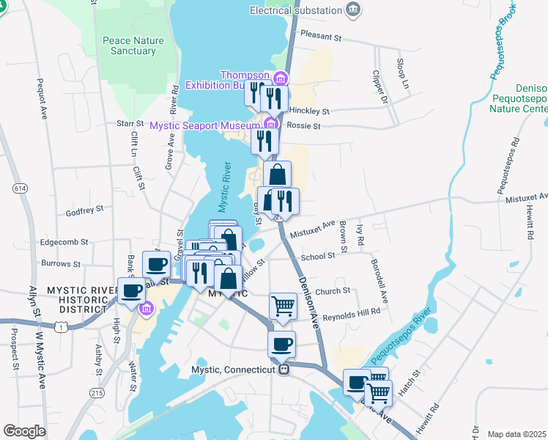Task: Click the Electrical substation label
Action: tap(296, 10)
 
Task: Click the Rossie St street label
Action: tap(306, 126)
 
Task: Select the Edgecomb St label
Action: tap(64, 241)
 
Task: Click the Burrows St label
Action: tap(61, 263)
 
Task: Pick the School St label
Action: tap(318, 257)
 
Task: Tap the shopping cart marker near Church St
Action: tap(283, 307)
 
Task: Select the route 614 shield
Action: tap(20, 189)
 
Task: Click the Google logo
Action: tap(24, 431)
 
